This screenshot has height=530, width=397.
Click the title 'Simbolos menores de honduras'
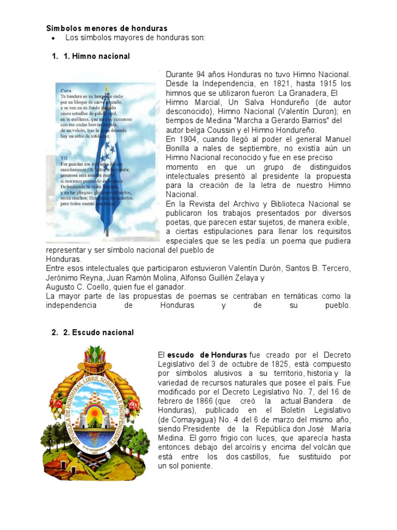click(106, 28)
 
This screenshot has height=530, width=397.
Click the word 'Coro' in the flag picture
click(66, 90)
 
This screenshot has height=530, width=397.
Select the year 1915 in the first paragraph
click(329, 83)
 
